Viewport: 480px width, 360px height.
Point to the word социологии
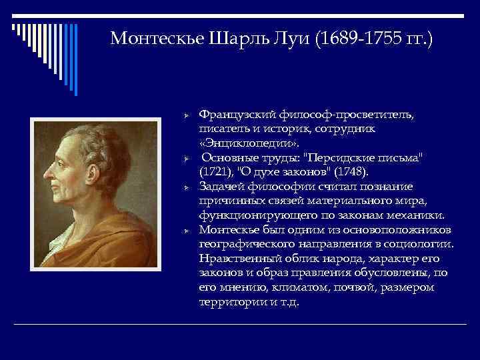coord(420,244)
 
